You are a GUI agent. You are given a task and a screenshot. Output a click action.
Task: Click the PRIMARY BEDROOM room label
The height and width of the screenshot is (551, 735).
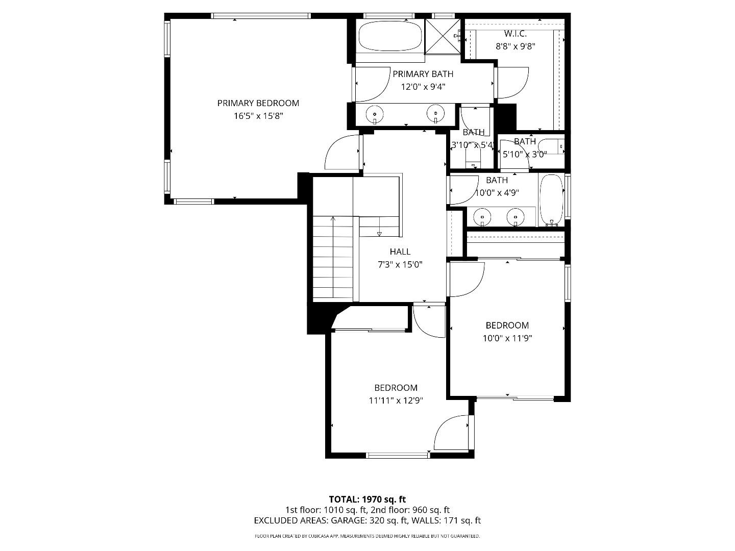(x=258, y=103)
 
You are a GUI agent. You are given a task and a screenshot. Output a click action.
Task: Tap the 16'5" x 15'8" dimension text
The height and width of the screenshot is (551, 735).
(x=258, y=116)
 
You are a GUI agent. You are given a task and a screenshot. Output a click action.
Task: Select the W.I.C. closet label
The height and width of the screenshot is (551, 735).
(x=515, y=34)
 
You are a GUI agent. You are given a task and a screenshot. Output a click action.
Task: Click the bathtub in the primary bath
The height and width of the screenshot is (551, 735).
(x=390, y=36)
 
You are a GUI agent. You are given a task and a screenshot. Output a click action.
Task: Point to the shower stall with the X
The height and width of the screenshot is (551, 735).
(x=443, y=36)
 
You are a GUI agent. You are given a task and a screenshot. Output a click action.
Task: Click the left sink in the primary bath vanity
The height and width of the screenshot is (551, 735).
(x=375, y=114)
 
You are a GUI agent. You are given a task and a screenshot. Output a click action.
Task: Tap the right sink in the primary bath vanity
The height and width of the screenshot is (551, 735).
(x=435, y=114)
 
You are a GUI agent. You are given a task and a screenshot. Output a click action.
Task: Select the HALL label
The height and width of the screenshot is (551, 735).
(x=400, y=252)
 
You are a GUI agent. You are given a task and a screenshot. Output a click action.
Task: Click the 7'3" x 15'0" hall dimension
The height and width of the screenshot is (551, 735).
(x=400, y=265)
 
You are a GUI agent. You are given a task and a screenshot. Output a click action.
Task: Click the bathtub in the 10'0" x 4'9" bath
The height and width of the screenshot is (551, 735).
(x=551, y=200)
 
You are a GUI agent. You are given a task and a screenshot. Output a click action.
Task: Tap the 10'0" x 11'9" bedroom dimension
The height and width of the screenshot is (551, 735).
(x=507, y=338)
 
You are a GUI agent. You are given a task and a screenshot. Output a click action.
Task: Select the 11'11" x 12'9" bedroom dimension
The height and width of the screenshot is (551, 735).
(x=396, y=400)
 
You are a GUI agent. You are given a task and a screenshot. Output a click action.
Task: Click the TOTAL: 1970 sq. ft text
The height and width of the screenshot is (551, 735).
(x=367, y=499)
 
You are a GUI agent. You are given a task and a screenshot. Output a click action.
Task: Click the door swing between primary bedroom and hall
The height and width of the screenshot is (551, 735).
(x=342, y=152)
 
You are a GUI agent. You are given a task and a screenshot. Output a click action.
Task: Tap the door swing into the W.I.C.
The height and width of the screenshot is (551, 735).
(x=512, y=83)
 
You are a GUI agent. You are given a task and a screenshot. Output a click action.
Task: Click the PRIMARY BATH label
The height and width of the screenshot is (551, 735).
(x=423, y=74)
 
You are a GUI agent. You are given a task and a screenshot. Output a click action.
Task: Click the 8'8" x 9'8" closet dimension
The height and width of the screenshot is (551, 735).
(x=515, y=46)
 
